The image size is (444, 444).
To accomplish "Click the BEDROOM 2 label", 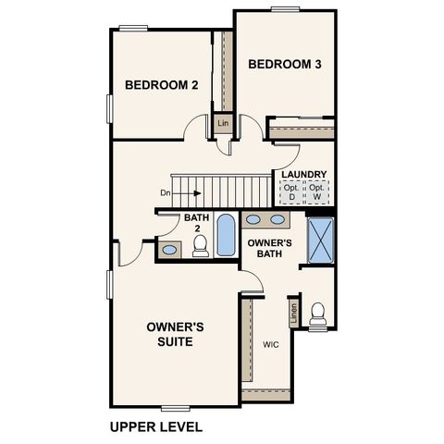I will pyautogui.click(x=162, y=85).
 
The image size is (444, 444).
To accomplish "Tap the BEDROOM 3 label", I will pyautogui.click(x=285, y=64).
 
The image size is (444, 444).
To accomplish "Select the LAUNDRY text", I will pyautogui.click(x=303, y=174).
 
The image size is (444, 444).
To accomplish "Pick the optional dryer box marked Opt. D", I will pyautogui.click(x=292, y=192).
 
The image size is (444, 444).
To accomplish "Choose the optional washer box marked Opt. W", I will pyautogui.click(x=319, y=192).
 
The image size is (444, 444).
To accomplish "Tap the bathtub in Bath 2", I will pyautogui.click(x=226, y=236).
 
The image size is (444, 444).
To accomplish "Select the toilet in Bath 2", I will pyautogui.click(x=199, y=245).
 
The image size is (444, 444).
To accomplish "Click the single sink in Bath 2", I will pyautogui.click(x=170, y=249).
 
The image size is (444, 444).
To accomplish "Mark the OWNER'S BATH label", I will pyautogui.click(x=270, y=248).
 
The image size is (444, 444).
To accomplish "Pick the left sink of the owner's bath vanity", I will pyautogui.click(x=253, y=220).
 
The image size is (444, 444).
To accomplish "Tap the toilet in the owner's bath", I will pyautogui.click(x=319, y=314).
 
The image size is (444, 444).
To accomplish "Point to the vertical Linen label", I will pyautogui.click(x=293, y=314).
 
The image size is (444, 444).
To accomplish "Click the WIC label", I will pyautogui.click(x=270, y=344).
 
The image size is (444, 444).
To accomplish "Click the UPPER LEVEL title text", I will pyautogui.click(x=155, y=427).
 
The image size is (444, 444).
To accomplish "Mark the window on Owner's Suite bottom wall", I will pyautogui.click(x=175, y=407).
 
